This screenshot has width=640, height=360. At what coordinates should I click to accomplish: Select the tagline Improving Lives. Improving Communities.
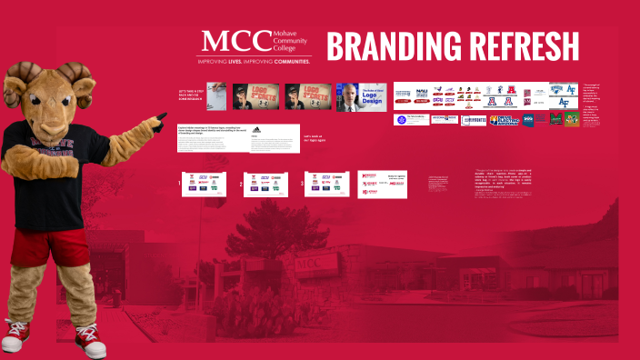click(254, 62)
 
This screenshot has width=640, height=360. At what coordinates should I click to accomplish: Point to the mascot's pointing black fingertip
click(163, 115)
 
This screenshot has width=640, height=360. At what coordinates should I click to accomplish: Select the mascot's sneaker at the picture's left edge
click(15, 335)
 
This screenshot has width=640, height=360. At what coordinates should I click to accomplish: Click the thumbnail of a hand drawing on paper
click(217, 95)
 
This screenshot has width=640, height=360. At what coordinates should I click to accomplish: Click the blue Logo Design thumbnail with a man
click(361, 97)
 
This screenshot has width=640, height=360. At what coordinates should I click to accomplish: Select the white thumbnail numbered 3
click(325, 183)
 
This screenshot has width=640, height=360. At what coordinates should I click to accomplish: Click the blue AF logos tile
click(563, 95)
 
